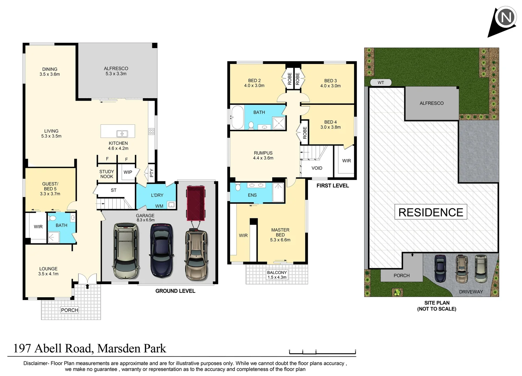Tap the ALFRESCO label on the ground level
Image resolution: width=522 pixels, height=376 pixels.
[x=116, y=69]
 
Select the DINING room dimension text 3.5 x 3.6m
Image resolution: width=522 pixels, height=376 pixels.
[x=49, y=74]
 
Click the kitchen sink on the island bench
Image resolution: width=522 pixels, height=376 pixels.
[x=122, y=134]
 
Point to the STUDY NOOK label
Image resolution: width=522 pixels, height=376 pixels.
[x=107, y=174]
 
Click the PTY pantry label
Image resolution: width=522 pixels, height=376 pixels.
[x=152, y=173]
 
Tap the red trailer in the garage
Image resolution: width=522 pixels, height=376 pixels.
[x=196, y=203]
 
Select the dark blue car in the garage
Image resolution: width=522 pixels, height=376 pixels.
[x=161, y=251]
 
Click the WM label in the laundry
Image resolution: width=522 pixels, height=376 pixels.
[x=159, y=206]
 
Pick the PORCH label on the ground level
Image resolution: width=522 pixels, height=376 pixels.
[x=69, y=310]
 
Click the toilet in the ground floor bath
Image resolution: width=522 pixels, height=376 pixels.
[x=53, y=218]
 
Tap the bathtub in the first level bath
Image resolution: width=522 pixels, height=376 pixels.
[x=238, y=117]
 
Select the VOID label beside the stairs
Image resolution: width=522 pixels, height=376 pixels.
[x=317, y=168]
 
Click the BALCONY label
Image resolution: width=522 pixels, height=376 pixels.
[x=277, y=273]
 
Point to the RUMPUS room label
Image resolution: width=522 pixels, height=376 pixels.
[x=263, y=153]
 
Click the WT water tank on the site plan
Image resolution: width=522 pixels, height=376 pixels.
[x=381, y=83]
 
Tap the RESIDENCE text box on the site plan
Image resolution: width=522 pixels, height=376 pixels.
[x=431, y=212]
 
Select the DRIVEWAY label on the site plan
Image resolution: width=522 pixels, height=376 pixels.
[x=471, y=292]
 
